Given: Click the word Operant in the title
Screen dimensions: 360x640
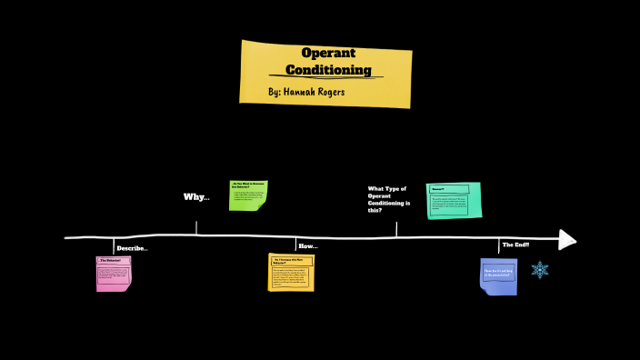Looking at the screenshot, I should [328, 53].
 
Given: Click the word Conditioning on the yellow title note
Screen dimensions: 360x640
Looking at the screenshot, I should [328, 69].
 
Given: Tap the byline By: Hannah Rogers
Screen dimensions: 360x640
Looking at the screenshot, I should [307, 92].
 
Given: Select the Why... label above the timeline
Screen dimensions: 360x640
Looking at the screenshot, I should [196, 197].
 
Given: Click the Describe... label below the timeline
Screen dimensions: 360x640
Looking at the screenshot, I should [132, 248].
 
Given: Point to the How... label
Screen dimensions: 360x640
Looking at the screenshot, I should [308, 246].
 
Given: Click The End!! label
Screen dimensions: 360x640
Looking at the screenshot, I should [515, 245].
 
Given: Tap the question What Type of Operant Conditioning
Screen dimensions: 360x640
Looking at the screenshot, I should [388, 200].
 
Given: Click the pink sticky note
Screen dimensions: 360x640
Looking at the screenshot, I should [114, 274].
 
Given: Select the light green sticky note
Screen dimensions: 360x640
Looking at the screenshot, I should [248, 195].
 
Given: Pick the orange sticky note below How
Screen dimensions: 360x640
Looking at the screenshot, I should [291, 272].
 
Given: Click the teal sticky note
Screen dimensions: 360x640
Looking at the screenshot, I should [454, 200].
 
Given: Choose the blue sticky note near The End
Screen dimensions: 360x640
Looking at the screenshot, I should [498, 275].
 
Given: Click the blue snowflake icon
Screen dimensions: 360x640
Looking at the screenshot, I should [540, 270].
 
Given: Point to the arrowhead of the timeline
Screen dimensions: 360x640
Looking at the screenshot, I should [567, 239].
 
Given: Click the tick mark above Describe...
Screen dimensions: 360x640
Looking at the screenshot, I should [114, 245].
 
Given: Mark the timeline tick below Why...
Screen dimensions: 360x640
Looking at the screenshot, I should [196, 228].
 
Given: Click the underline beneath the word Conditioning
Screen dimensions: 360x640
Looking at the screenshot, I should [328, 78].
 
